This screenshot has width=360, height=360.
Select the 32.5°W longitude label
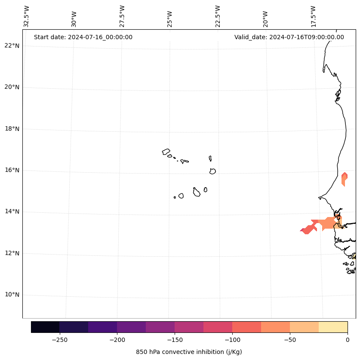point(26,16)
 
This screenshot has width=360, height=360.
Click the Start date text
point(83,37)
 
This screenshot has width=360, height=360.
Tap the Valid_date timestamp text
point(289,37)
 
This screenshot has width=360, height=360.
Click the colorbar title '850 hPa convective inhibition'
point(189,352)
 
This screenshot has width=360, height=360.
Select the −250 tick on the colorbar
point(59,339)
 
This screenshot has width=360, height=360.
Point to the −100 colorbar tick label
point(232,339)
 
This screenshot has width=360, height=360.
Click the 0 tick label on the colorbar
point(347,339)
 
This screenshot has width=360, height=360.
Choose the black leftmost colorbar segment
point(45,327)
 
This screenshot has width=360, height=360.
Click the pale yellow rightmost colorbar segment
point(333,327)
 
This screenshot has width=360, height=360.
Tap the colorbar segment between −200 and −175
point(131,327)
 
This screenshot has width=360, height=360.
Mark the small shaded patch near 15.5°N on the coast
point(344,178)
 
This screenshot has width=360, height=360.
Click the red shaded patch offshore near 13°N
point(308,229)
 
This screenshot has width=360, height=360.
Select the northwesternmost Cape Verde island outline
point(166,152)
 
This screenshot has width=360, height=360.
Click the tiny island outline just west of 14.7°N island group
point(175,197)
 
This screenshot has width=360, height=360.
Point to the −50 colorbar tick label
point(290,339)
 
